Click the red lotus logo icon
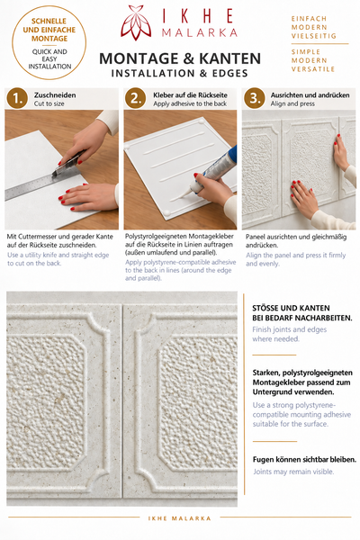pos(136,22)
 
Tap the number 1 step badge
pos(17,98)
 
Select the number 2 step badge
pos(136,98)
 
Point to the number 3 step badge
pos(255,98)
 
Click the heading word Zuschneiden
pos(55,95)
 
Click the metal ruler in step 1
pos(34,186)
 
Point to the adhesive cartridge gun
pos(213,171)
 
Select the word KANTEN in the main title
pos(229,58)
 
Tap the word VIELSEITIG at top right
pos(313,36)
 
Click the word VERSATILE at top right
pos(313,69)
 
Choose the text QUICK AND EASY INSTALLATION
pos(49,59)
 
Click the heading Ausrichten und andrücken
pos(310,95)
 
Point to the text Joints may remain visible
pos(293,472)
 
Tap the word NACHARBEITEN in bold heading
pos(323,318)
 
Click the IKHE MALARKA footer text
pos(179,518)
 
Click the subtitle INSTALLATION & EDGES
pos(179,74)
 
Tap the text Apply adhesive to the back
pos(190,103)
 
